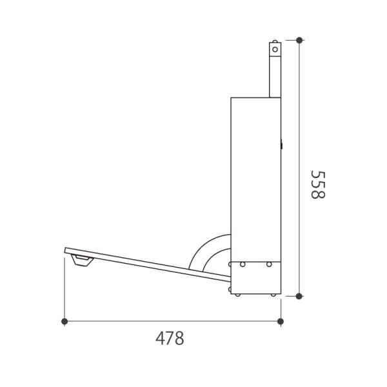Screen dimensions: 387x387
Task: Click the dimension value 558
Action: [x=317, y=184]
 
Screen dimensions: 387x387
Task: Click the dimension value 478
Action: [x=170, y=339]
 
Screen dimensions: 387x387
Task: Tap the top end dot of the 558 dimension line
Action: [x=299, y=40]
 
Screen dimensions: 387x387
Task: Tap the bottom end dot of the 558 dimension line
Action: [x=299, y=296]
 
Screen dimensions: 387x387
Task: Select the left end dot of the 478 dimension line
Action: [x=64, y=321]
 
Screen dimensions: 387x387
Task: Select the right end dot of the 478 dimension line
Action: [x=281, y=321]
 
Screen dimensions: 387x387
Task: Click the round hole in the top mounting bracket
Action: [x=275, y=50]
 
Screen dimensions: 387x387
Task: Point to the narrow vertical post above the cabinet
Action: [x=275, y=70]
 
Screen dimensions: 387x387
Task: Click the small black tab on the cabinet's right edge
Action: [x=281, y=144]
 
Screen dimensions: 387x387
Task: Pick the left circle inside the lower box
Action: [x=243, y=264]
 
